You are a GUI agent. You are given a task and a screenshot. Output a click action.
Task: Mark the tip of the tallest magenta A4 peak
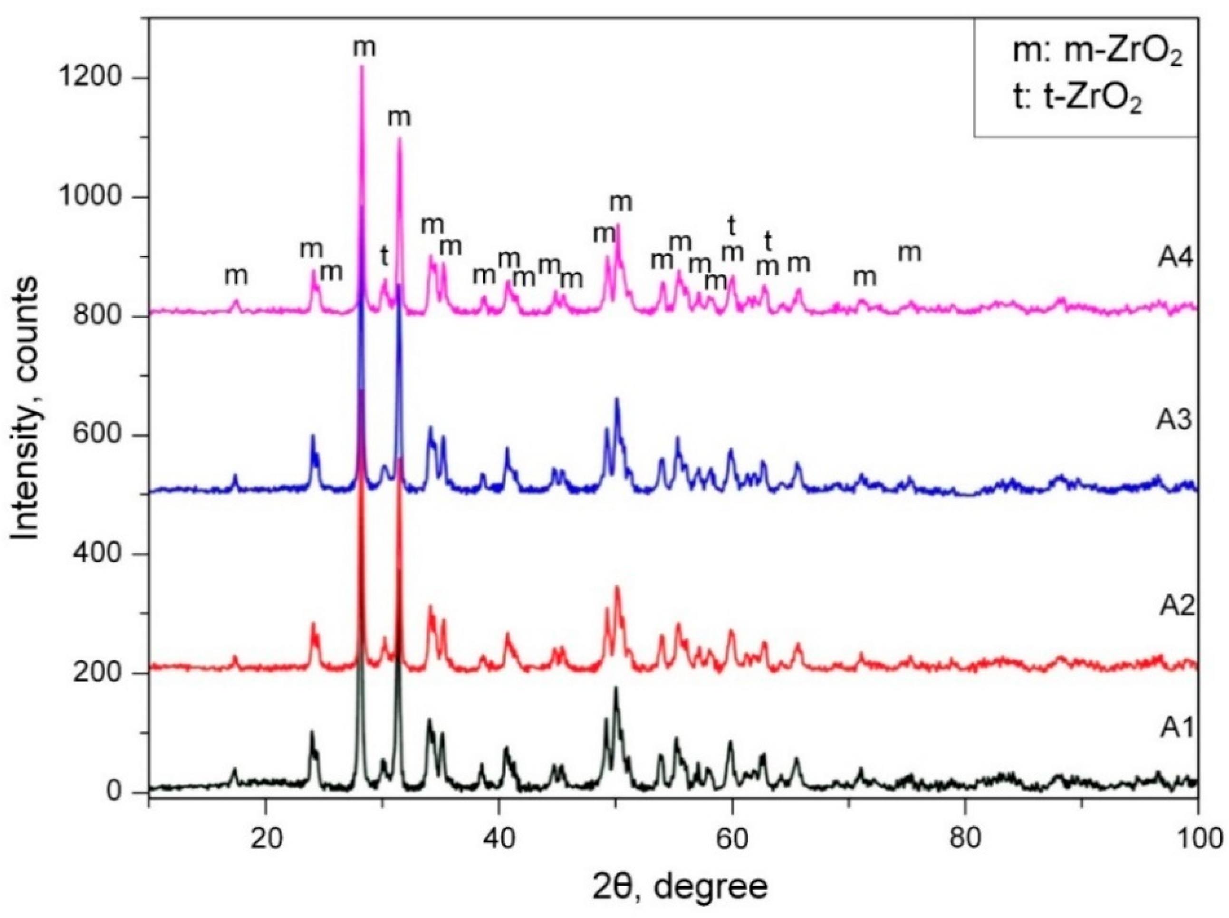tap(362, 66)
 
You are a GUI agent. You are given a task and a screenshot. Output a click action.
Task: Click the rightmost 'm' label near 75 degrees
tap(910, 253)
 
